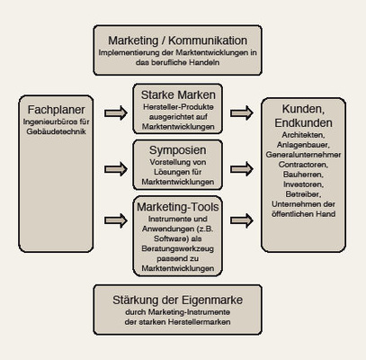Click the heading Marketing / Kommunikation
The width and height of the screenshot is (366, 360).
178,40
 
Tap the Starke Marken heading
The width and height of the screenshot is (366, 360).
178,94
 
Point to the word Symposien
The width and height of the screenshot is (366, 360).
178,148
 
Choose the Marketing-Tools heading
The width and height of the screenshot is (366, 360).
178,208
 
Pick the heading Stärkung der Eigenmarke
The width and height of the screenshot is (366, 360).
178,301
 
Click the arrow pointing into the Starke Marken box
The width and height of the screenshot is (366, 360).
116,113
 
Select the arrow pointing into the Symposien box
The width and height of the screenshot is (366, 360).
116,166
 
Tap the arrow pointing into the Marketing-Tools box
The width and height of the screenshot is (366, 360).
116,219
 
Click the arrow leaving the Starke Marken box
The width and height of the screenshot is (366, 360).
241,113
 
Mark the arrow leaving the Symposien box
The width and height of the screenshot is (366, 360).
241,166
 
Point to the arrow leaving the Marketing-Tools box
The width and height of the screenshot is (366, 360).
241,219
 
